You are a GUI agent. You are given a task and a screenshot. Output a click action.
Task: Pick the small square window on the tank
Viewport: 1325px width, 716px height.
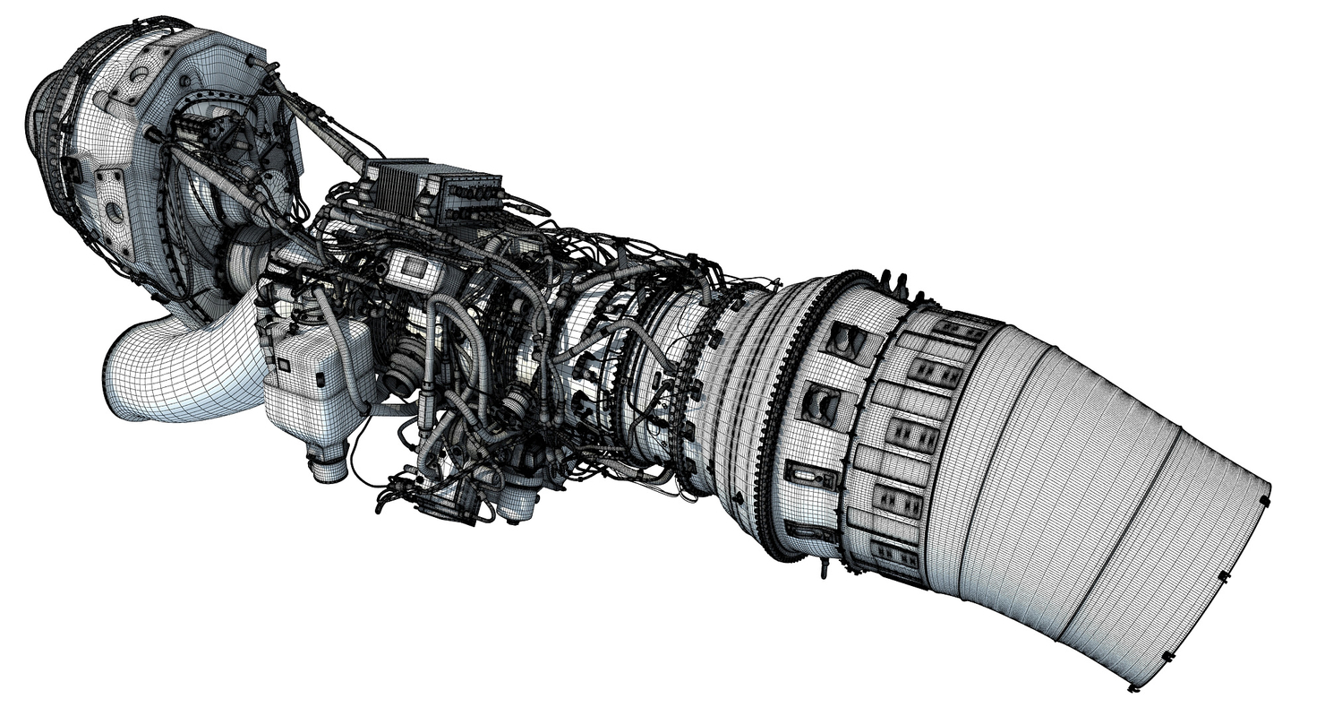(x=284, y=365)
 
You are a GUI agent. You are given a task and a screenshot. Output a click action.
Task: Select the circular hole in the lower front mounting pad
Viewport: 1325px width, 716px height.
(x=115, y=212)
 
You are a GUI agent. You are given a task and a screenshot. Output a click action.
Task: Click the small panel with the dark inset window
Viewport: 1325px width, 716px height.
(x=414, y=267)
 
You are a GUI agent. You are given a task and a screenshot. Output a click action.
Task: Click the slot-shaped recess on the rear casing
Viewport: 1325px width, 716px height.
(x=810, y=475)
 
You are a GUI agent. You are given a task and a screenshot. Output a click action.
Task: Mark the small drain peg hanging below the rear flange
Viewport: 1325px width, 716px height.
(x=825, y=568)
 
